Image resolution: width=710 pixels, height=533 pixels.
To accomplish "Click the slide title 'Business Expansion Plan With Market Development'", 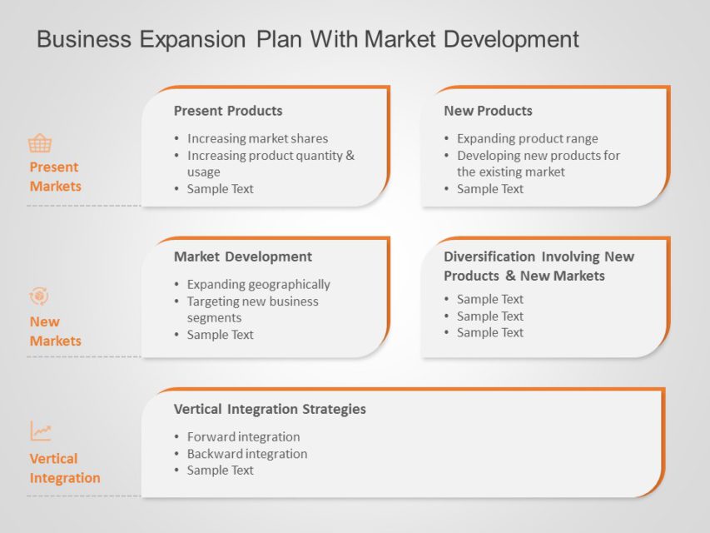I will [x=308, y=39].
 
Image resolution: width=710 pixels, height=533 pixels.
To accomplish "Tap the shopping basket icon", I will [x=40, y=143].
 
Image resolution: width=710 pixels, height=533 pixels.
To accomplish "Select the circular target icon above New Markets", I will [x=39, y=296].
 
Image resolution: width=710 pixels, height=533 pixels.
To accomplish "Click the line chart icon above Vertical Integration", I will [x=41, y=431].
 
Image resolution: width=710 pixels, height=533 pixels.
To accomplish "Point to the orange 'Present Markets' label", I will [x=55, y=177].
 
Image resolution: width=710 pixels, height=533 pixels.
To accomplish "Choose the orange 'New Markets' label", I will [x=55, y=331].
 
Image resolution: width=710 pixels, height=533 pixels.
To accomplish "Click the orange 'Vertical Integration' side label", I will [x=64, y=468].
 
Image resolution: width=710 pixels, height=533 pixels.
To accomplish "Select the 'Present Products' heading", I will [x=227, y=111].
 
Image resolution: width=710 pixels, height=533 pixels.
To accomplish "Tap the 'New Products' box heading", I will [x=488, y=111].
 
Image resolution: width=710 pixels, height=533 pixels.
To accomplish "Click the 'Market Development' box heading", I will [x=242, y=257].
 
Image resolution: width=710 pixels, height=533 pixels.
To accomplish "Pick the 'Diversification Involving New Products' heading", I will [x=538, y=266].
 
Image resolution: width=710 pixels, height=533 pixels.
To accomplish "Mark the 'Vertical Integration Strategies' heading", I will [x=270, y=409].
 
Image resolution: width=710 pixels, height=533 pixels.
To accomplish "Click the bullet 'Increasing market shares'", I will [x=257, y=139].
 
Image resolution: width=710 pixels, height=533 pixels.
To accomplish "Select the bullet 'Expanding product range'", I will [x=527, y=139].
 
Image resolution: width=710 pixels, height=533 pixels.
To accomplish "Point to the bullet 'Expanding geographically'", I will [x=258, y=285].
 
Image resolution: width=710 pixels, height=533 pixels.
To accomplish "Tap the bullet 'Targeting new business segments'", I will [x=252, y=309].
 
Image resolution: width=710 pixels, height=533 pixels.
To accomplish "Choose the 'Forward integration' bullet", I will [x=243, y=437].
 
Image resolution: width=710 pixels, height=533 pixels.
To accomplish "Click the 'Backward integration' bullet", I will [x=246, y=454].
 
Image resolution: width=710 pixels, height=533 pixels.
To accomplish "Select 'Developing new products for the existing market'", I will [x=538, y=163].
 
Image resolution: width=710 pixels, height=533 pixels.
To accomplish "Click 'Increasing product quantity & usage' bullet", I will [x=270, y=163].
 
